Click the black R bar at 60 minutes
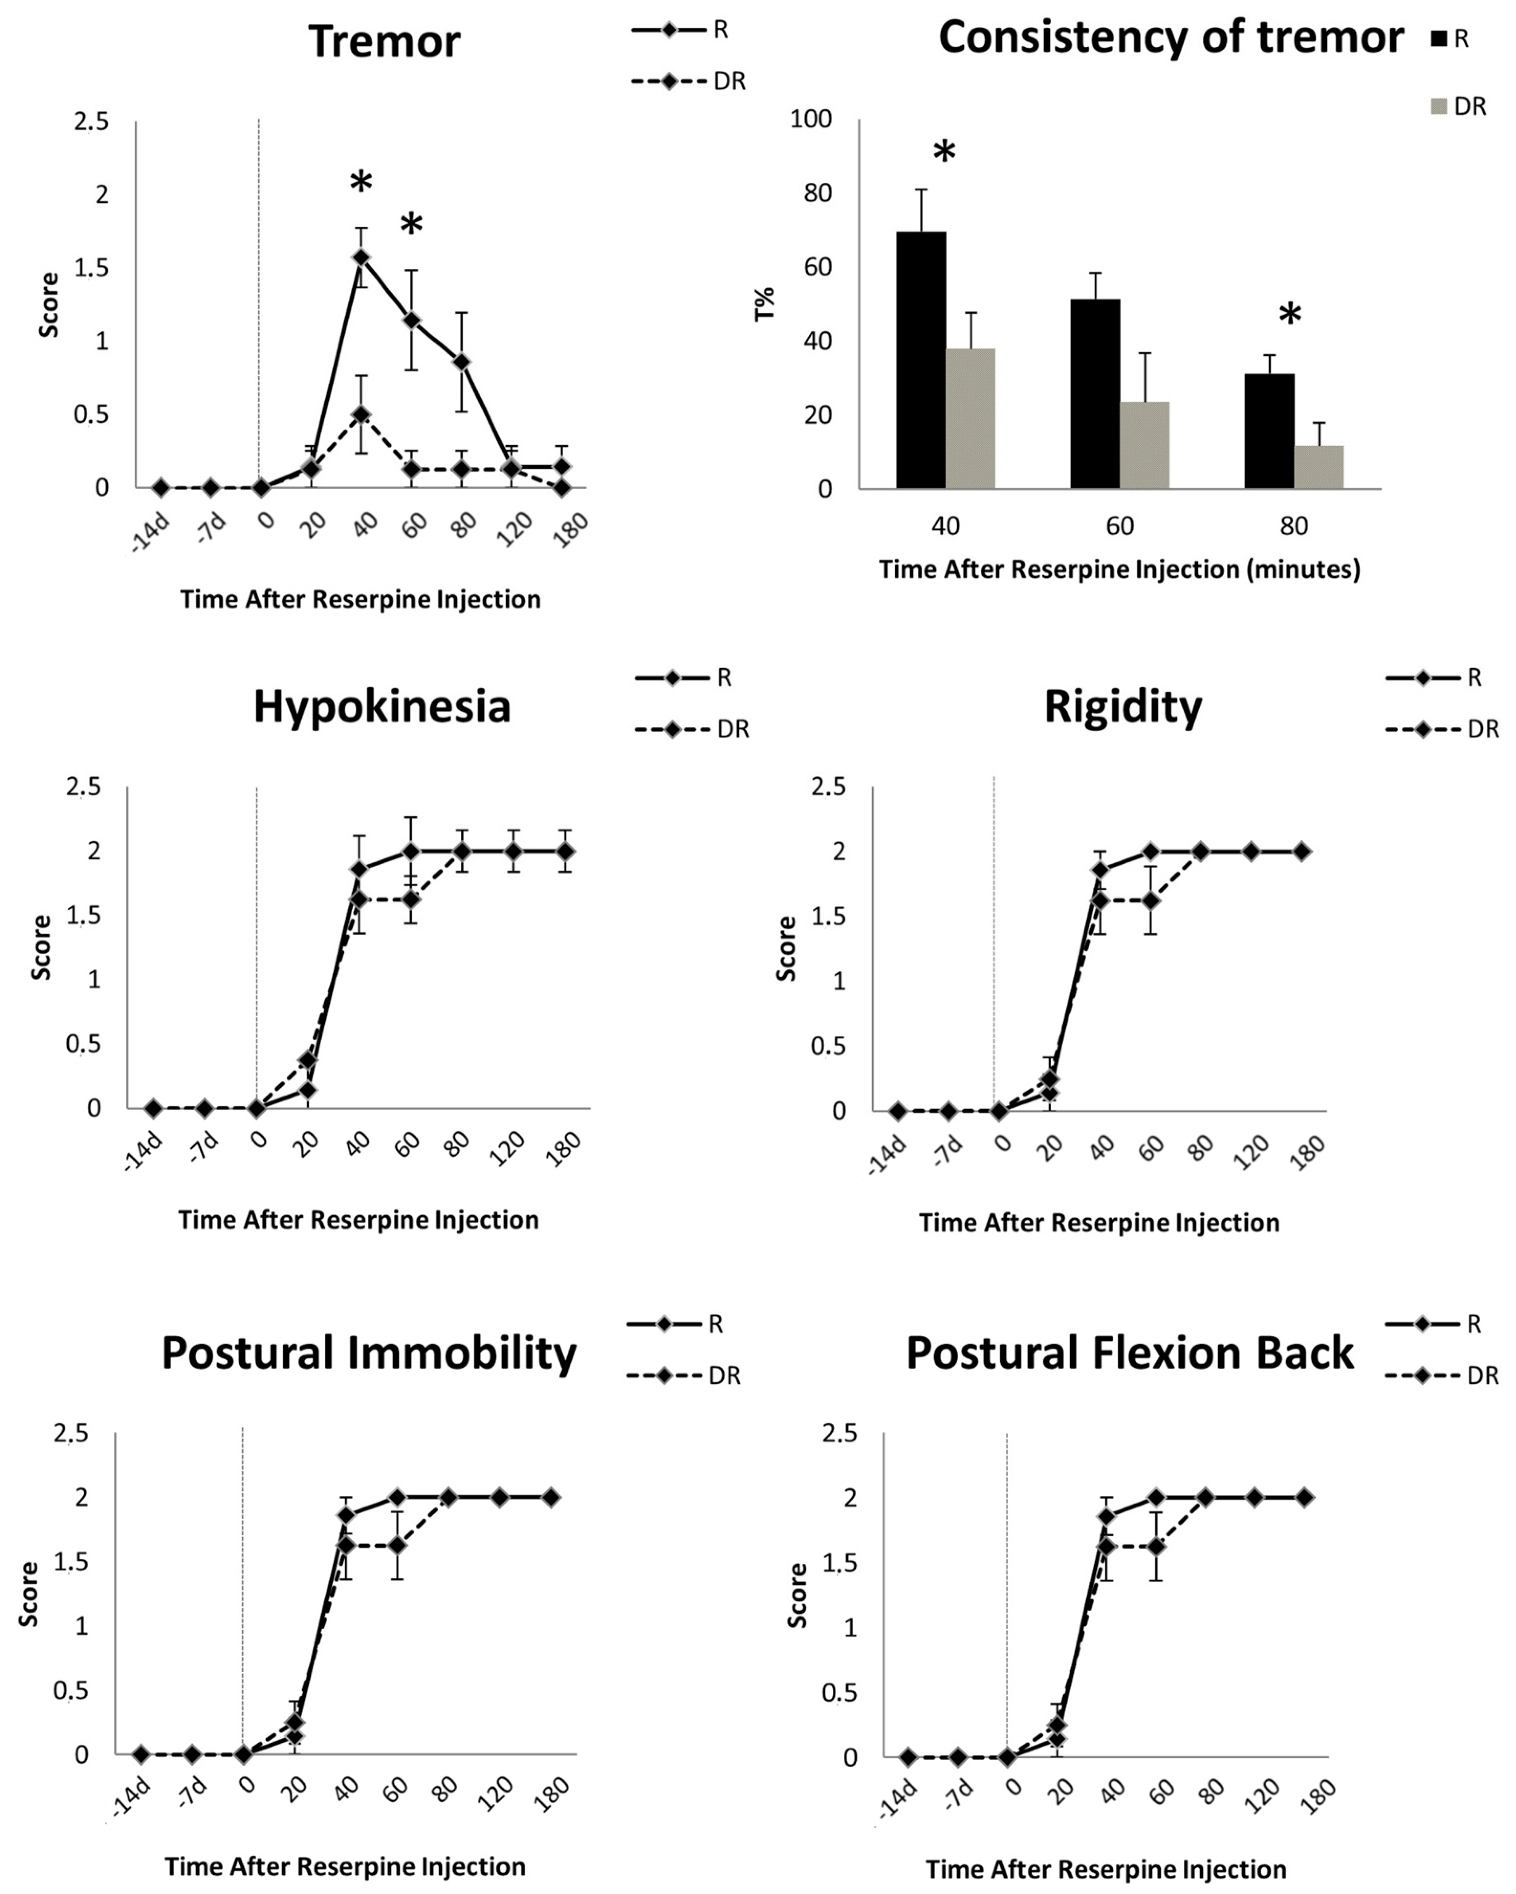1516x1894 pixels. pos(1094,394)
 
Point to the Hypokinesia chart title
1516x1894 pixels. pos(382,706)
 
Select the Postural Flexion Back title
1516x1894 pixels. pos(1130,1353)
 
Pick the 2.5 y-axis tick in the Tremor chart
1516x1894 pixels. pos(91,121)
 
